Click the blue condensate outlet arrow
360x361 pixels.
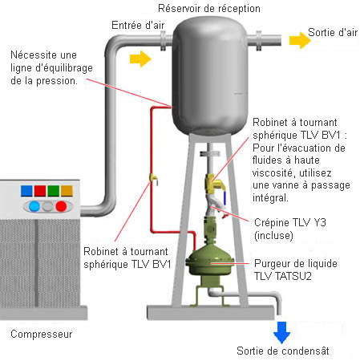(281, 332)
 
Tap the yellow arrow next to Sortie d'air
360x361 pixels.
(300, 41)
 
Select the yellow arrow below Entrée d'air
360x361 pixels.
(140, 59)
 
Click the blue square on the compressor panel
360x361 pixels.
(26, 191)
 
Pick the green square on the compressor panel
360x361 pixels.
(53, 191)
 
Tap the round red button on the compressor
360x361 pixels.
(61, 206)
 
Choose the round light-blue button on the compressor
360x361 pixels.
(34, 206)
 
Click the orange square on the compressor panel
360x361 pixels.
(67, 191)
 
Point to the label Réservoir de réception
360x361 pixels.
(209, 9)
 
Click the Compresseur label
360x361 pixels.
(42, 335)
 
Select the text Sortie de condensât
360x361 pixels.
(283, 351)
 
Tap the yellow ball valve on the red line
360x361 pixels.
(154, 178)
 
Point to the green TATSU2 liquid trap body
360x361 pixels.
(210, 263)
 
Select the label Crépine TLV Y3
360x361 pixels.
(290, 222)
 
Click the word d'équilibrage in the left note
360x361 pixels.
(64, 68)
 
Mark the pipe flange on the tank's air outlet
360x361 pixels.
(259, 41)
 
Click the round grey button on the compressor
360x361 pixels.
(47, 206)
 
